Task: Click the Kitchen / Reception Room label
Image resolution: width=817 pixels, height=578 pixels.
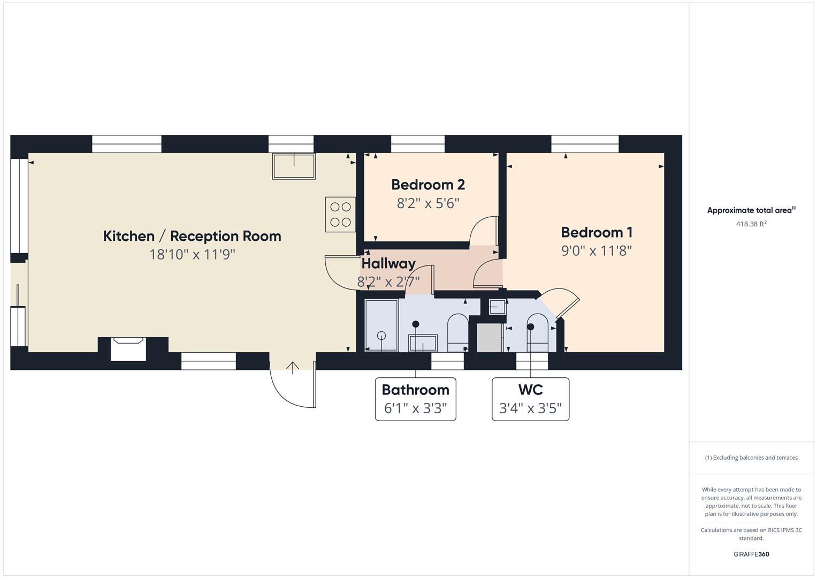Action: pyautogui.click(x=192, y=236)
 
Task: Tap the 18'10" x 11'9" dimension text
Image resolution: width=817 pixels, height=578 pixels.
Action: pyautogui.click(x=192, y=254)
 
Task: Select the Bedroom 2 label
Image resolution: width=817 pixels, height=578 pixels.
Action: pyautogui.click(x=428, y=185)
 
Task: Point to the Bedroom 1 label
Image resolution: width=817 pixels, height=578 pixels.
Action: pyautogui.click(x=597, y=232)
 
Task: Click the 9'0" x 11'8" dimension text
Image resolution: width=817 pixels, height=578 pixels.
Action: pyautogui.click(x=597, y=250)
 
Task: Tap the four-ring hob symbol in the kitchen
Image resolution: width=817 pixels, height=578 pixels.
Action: pyautogui.click(x=340, y=214)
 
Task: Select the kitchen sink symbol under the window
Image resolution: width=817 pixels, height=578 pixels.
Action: pyautogui.click(x=294, y=166)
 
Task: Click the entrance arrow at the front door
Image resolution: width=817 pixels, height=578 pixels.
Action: pyautogui.click(x=293, y=368)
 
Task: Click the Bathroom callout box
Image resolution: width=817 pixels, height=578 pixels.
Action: pyautogui.click(x=415, y=399)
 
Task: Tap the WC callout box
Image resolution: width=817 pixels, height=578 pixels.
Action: pyautogui.click(x=530, y=399)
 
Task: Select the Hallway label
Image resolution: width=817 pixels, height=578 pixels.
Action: pyautogui.click(x=388, y=263)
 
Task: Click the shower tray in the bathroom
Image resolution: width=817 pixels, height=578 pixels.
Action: pyautogui.click(x=381, y=325)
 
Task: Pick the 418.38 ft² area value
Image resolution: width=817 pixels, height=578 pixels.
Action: pyautogui.click(x=751, y=224)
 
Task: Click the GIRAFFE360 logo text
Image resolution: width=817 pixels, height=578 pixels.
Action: pyautogui.click(x=751, y=554)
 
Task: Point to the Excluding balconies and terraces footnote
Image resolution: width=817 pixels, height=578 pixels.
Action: pyautogui.click(x=751, y=458)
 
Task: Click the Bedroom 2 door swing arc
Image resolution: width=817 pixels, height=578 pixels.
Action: pyautogui.click(x=483, y=230)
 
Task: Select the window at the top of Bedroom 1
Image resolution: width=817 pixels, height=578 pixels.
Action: pyautogui.click(x=585, y=144)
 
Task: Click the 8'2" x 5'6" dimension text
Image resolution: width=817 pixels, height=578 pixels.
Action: pyautogui.click(x=428, y=203)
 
